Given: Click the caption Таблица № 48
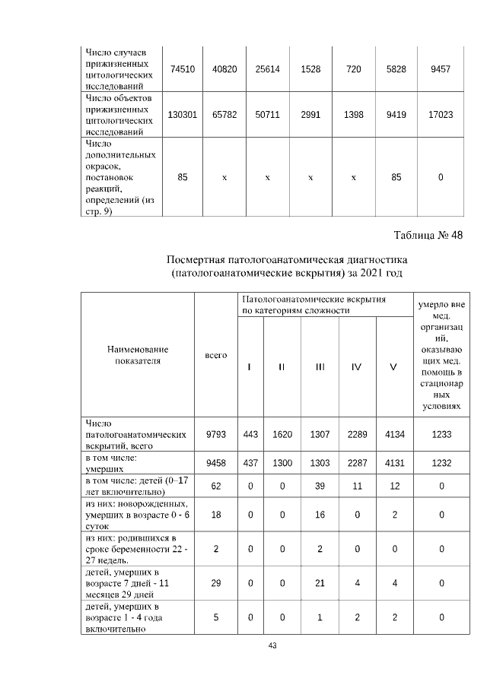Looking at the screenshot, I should pos(428,234).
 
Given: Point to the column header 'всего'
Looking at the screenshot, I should pos(216,355).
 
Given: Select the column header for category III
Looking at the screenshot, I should pos(320,367).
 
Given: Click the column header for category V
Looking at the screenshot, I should pos(393,367).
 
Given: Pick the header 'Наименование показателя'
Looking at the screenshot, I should pos(138,355).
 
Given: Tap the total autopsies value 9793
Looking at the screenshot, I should pos(216,434).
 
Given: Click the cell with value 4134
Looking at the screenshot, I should pos(393,434).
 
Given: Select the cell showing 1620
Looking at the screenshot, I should pos(282,434).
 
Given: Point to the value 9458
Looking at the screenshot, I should pos(216,464).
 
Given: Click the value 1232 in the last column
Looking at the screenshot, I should pos(441,464).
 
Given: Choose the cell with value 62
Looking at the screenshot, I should pos(216,487).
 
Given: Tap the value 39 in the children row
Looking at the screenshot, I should pos(320,487).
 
